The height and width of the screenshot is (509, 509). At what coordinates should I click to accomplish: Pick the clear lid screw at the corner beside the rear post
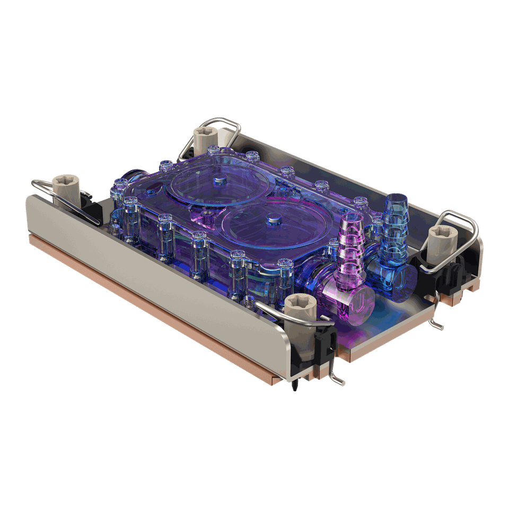[213, 151]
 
